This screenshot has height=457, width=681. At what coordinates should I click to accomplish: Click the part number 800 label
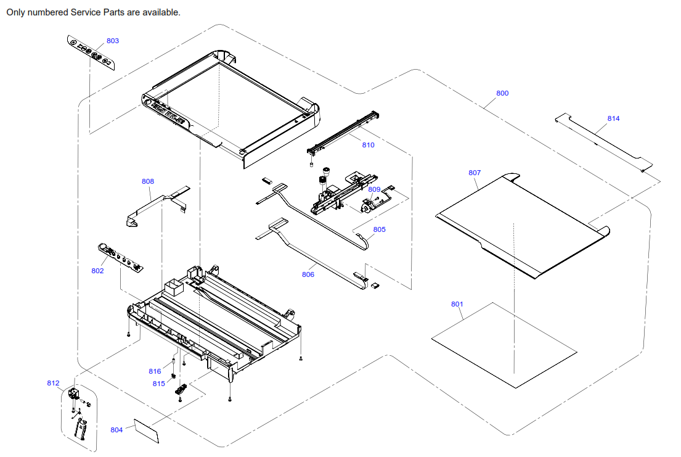pyautogui.click(x=502, y=93)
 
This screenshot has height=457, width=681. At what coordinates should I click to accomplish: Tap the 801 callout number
pyautogui.click(x=457, y=304)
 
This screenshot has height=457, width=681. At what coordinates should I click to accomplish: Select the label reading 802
pyautogui.click(x=97, y=271)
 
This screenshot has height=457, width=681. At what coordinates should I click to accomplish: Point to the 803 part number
pyautogui.click(x=113, y=41)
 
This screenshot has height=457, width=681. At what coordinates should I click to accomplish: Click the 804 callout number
pyautogui.click(x=117, y=430)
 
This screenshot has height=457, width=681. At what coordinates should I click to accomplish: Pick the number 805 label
pyautogui.click(x=379, y=229)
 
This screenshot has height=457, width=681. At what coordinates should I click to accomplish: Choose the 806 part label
pyautogui.click(x=308, y=274)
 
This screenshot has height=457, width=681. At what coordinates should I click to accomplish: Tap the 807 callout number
pyautogui.click(x=475, y=173)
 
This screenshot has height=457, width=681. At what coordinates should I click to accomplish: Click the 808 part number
pyautogui.click(x=148, y=181)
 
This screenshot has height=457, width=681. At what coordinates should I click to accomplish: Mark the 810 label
pyautogui.click(x=368, y=145)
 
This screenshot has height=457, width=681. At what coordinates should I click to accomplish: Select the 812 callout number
pyautogui.click(x=54, y=383)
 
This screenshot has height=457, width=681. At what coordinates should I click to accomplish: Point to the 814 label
pyautogui.click(x=614, y=118)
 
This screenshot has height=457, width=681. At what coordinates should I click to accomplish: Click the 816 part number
pyautogui.click(x=155, y=371)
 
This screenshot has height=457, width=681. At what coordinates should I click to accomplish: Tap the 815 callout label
pyautogui.click(x=159, y=384)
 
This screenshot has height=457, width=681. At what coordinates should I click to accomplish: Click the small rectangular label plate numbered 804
pyautogui.click(x=147, y=430)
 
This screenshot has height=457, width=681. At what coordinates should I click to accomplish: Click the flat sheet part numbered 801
pyautogui.click(x=504, y=345)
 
